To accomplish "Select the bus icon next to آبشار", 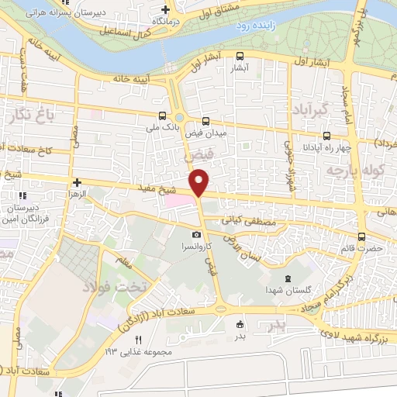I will [x=240, y=56].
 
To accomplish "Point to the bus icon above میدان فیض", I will [x=205, y=121].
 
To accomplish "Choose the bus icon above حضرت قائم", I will [x=362, y=237].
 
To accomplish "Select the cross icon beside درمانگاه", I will [x=164, y=10].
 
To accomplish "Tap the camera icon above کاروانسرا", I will [x=196, y=235].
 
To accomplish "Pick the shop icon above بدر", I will [x=240, y=325].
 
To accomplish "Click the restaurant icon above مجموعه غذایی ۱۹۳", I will [x=138, y=340].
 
